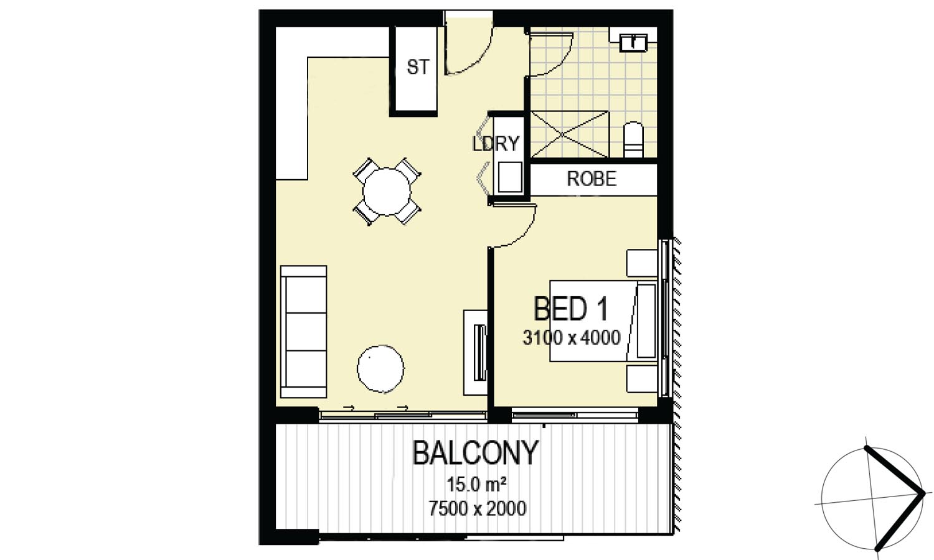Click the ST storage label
(418, 67)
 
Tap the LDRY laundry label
(496, 144)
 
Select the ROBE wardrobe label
(592, 179)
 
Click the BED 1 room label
(570, 309)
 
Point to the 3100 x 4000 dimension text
(572, 337)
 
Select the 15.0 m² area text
(476, 485)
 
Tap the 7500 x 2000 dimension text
(478, 508)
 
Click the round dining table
(387, 192)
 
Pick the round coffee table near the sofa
(380, 369)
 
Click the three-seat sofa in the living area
(304, 332)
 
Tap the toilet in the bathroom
(633, 139)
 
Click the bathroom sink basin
(633, 42)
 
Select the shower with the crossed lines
(569, 134)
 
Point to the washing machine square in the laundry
(510, 177)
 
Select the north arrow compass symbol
(872, 499)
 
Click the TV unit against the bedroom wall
(476, 353)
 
